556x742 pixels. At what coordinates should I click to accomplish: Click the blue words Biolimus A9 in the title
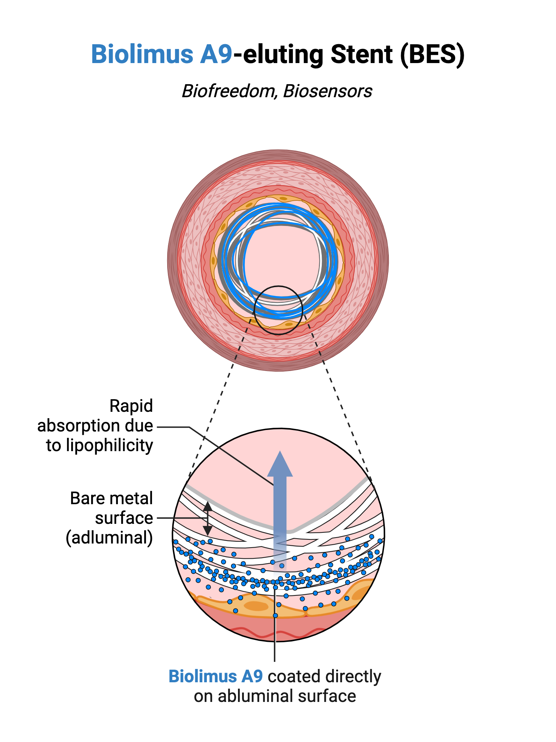pyautogui.click(x=162, y=55)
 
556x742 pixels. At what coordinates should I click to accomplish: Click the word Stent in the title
pyautogui.click(x=361, y=55)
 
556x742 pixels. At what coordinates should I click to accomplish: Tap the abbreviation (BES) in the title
pyautogui.click(x=432, y=55)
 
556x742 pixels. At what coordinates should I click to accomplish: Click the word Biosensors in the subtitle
pyautogui.click(x=328, y=91)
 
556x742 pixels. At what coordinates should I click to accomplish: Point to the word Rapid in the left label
pyautogui.click(x=131, y=406)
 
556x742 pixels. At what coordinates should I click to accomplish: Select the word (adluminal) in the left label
pyautogui.click(x=109, y=538)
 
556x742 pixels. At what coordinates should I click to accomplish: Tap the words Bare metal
pyautogui.click(x=111, y=498)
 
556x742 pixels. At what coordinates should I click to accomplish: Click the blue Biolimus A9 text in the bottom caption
pyautogui.click(x=216, y=676)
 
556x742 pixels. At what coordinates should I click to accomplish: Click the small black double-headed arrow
pyautogui.click(x=208, y=519)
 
